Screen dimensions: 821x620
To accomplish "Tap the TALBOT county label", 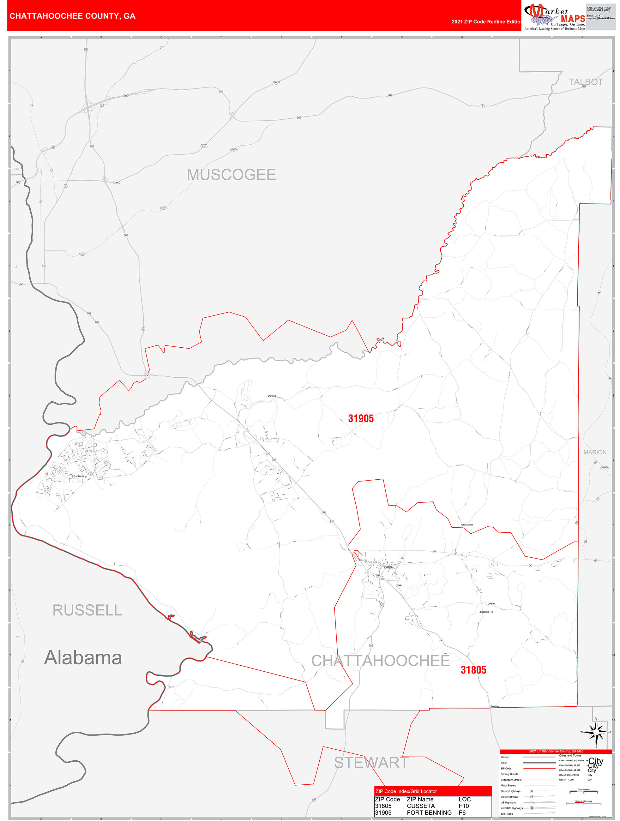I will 586,82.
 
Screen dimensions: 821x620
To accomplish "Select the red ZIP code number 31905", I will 360,419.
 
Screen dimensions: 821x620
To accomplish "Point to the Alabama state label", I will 83,658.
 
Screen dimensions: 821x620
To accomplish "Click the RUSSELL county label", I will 87,610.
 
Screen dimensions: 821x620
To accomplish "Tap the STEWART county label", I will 371,763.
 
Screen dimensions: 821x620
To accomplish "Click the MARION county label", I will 595,452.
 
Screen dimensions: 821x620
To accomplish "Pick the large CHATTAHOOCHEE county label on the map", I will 381,661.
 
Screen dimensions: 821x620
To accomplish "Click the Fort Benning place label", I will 80,476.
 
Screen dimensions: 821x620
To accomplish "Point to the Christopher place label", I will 467,525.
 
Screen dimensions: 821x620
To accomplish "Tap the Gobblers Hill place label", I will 486,612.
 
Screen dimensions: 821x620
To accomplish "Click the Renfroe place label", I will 495,706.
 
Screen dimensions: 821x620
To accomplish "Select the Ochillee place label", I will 272,396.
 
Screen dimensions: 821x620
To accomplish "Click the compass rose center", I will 596,732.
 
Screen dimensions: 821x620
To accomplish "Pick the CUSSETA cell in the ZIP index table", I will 421,806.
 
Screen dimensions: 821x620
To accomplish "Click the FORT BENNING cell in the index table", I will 429,812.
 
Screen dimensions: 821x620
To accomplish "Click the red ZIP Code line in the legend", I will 539,768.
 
